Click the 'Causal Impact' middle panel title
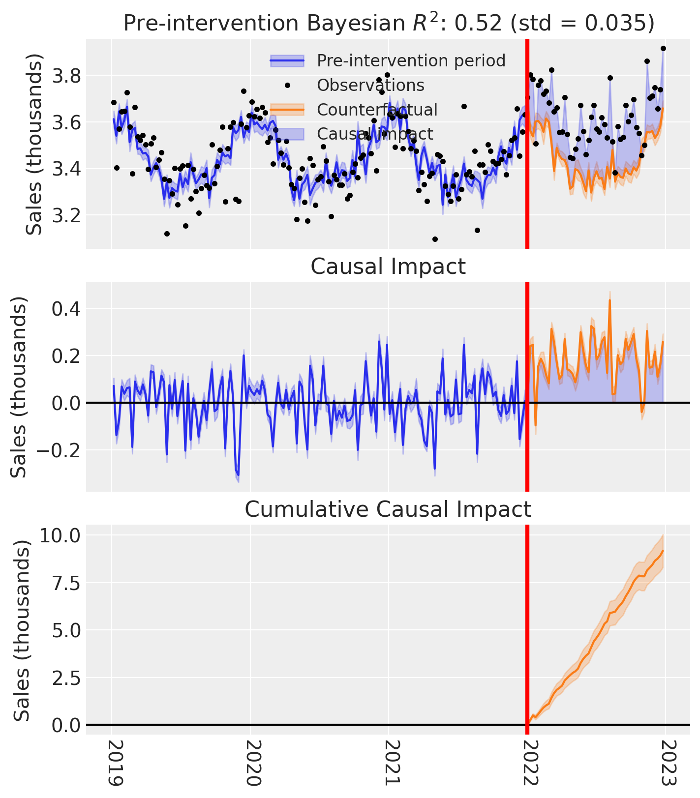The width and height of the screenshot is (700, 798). click(388, 266)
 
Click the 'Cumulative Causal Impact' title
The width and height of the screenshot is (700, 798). click(388, 509)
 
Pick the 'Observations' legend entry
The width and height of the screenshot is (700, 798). click(370, 85)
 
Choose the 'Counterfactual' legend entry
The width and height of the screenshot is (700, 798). click(377, 110)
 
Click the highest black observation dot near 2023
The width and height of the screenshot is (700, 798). click(663, 48)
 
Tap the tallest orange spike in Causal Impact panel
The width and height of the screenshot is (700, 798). click(610, 300)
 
